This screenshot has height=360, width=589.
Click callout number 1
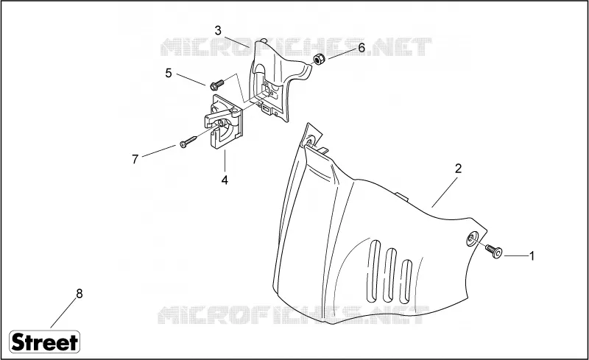(532, 256)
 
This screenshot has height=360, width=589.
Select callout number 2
(458, 169)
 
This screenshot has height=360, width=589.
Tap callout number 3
(218, 31)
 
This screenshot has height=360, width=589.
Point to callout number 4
(225, 180)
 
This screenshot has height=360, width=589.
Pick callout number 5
(169, 74)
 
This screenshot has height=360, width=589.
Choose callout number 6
(361, 48)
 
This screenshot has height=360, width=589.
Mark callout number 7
(135, 159)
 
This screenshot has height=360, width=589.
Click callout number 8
(80, 294)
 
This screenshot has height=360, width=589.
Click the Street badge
(44, 342)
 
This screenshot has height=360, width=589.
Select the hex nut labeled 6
(320, 59)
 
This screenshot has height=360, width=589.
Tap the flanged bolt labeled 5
(216, 85)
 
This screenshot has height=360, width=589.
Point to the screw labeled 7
(188, 142)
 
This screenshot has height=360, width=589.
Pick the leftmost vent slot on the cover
(374, 270)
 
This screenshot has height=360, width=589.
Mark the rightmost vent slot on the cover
(406, 281)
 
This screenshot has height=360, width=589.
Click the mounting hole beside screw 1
(472, 239)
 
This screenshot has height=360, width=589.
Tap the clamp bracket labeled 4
(224, 122)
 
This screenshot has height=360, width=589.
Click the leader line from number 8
(63, 313)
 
